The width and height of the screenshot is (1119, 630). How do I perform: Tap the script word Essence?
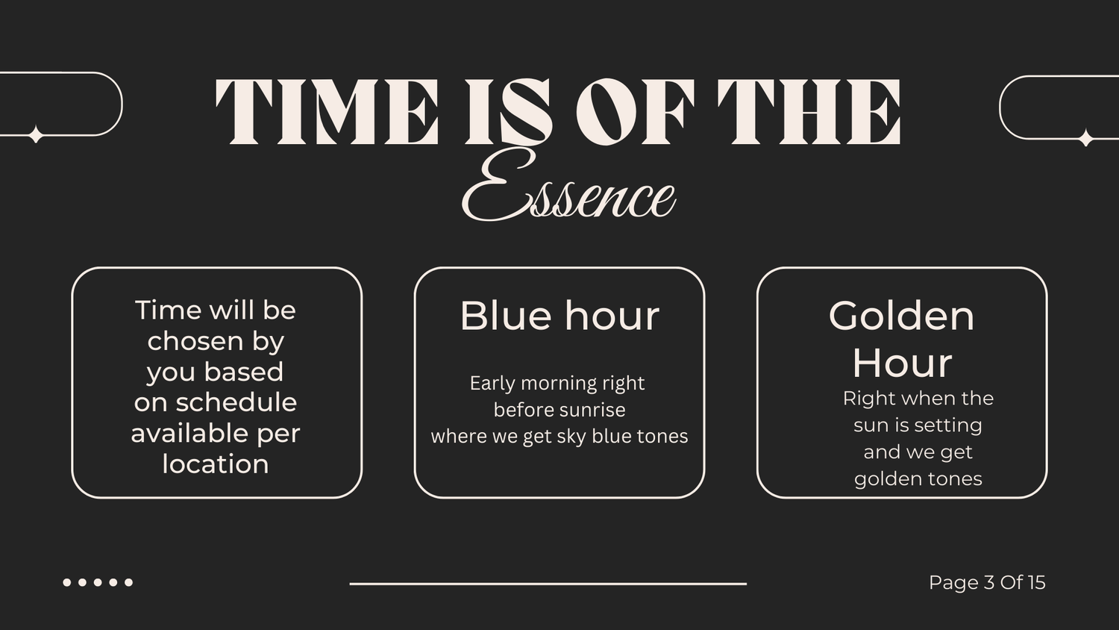(x=568, y=187)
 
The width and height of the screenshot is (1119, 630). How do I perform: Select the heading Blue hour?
(x=559, y=316)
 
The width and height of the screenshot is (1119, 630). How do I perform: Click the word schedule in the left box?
(x=236, y=402)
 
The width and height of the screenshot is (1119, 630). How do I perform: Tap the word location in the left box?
(x=216, y=464)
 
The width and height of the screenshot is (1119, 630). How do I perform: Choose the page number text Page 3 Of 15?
(x=987, y=582)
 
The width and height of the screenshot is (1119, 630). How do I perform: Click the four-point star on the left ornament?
(x=36, y=134)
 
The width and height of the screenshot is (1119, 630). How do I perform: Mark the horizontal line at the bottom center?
(x=548, y=584)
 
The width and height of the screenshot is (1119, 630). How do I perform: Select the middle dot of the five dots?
(x=98, y=582)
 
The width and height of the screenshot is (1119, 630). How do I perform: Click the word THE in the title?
(x=809, y=111)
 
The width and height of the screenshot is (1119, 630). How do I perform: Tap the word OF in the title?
(x=634, y=111)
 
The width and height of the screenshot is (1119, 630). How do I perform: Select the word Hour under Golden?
(x=902, y=364)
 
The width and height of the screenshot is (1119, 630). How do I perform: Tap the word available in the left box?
(x=190, y=433)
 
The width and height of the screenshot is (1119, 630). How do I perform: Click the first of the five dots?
(x=67, y=582)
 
